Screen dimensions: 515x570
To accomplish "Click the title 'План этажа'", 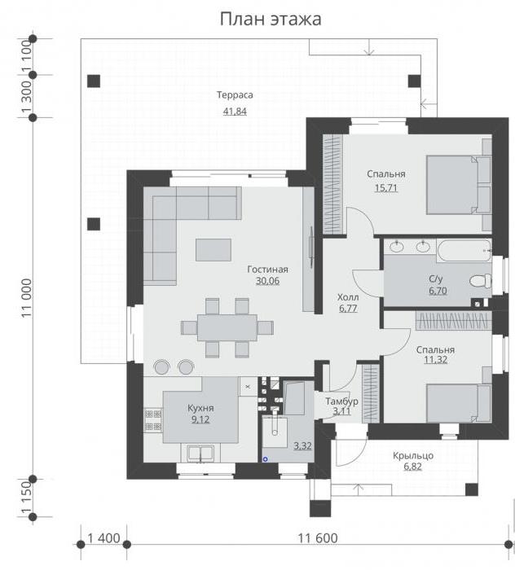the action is [271, 19].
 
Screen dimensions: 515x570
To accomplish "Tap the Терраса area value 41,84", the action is [235, 112].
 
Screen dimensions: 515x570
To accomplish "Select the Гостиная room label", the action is [267, 270].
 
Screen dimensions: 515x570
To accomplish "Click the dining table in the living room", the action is [227, 328].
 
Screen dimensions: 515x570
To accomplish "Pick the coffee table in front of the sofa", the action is [213, 250].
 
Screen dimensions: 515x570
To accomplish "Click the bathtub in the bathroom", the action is [464, 250].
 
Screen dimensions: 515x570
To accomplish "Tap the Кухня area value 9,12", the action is [200, 419].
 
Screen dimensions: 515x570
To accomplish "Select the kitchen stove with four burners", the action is [153, 420].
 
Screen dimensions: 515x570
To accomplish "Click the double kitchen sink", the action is [200, 454].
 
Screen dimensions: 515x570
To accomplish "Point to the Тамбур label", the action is [341, 401].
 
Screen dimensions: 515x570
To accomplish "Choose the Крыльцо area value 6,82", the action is [412, 467].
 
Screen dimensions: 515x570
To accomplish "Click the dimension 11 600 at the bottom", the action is [318, 537].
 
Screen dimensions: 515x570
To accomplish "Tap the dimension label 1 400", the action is [104, 538].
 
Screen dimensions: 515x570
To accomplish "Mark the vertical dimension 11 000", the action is [27, 298].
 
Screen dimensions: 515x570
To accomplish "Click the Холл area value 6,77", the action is [348, 309].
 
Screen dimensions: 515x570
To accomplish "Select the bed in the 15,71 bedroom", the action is [459, 185].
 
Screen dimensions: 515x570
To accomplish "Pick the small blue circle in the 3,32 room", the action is [265, 459].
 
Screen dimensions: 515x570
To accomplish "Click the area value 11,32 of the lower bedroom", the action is [435, 360].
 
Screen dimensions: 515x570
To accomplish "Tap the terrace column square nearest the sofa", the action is [94, 224].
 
